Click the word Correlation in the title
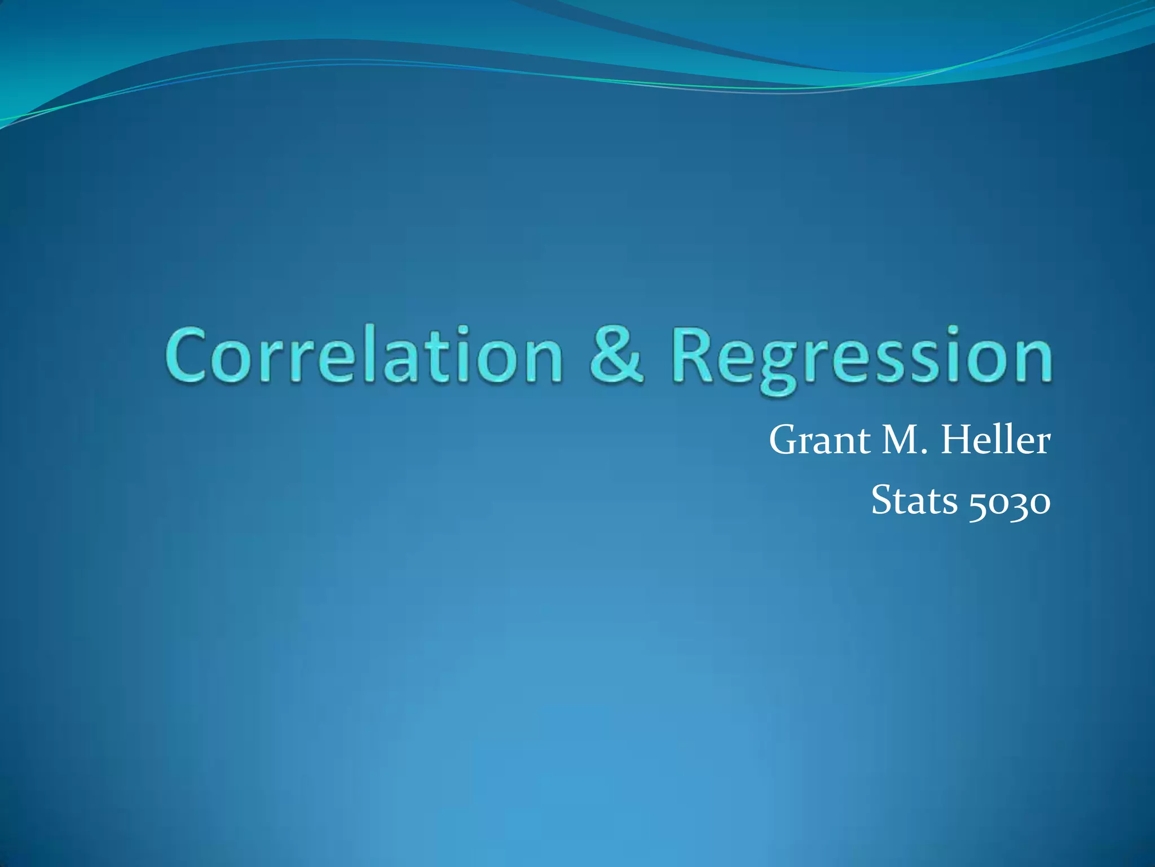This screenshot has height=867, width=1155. click(364, 356)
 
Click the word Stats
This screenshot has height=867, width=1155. click(914, 501)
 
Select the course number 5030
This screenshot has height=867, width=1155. click(1009, 502)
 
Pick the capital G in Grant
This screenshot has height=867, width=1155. click(784, 441)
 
